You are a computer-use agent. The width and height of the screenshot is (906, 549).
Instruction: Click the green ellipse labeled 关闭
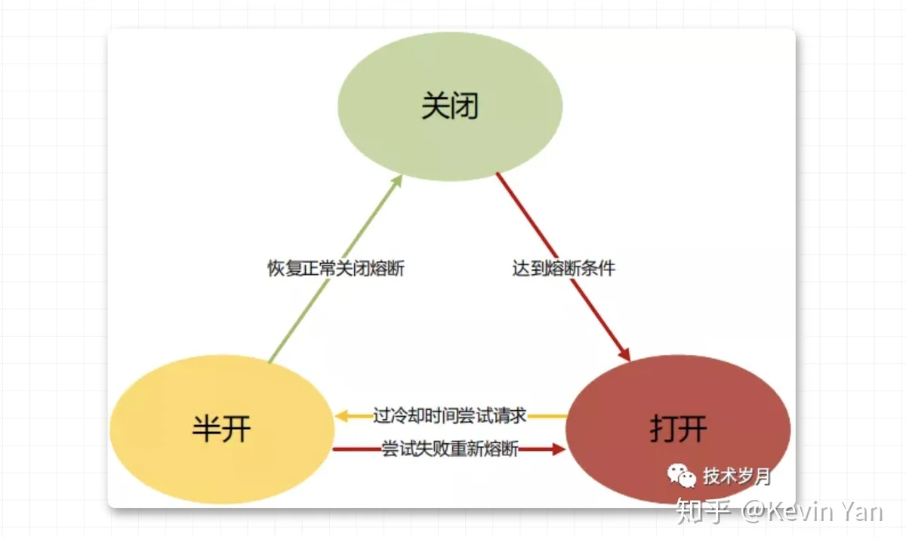450,106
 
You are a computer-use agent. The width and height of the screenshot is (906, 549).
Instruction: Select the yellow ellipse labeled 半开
222,429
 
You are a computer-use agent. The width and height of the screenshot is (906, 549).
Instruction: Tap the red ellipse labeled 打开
678,429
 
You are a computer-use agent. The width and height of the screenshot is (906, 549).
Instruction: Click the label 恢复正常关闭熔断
336,268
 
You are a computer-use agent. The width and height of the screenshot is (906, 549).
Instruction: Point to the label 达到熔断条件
564,268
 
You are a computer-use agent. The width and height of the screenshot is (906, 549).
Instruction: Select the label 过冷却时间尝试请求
449,415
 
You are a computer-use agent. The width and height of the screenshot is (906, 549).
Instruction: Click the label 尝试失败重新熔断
450,449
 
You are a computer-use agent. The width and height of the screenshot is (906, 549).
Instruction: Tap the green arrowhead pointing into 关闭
397,180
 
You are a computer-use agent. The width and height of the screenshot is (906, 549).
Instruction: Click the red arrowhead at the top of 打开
625,354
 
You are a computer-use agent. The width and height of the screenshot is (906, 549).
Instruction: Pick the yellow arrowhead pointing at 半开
342,416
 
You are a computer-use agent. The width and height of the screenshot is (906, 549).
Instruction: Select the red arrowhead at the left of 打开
559,449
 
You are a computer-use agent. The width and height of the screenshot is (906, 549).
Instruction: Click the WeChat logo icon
682,476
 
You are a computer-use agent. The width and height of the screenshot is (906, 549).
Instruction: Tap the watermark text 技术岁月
737,477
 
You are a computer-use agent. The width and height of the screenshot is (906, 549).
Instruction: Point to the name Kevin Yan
825,512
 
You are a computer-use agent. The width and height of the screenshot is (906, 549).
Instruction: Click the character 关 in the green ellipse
436,106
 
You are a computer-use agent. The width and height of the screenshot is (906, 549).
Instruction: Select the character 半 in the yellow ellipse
207,429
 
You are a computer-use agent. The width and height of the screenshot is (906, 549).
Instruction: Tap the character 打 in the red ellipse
664,429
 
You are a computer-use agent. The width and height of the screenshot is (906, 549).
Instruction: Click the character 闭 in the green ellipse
465,106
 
